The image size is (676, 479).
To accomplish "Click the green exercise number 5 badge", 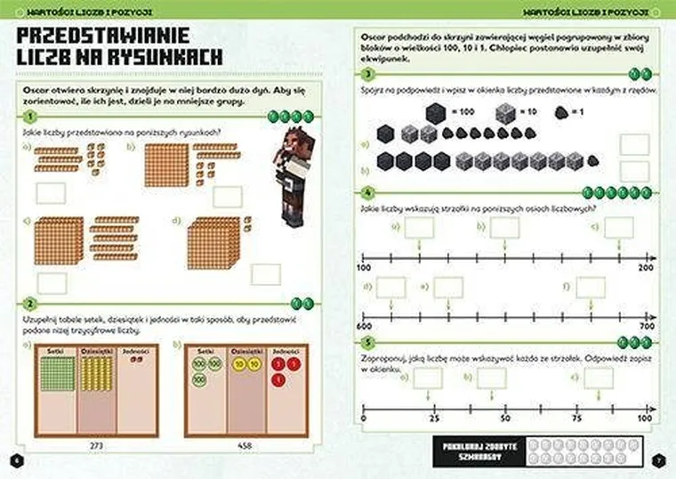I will point(367,341).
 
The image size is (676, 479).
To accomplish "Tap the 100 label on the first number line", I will point(364,267).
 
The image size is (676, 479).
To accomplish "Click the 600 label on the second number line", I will point(364,328).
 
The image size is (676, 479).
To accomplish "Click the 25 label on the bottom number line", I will point(435,418).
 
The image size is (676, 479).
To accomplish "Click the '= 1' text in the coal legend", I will point(580,113).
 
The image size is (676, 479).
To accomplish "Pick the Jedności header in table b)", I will point(284,352).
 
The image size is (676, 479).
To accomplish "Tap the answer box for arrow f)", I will point(591,287).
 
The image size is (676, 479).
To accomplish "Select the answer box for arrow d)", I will point(390,287).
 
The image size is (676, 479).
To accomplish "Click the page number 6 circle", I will point(14,459).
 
